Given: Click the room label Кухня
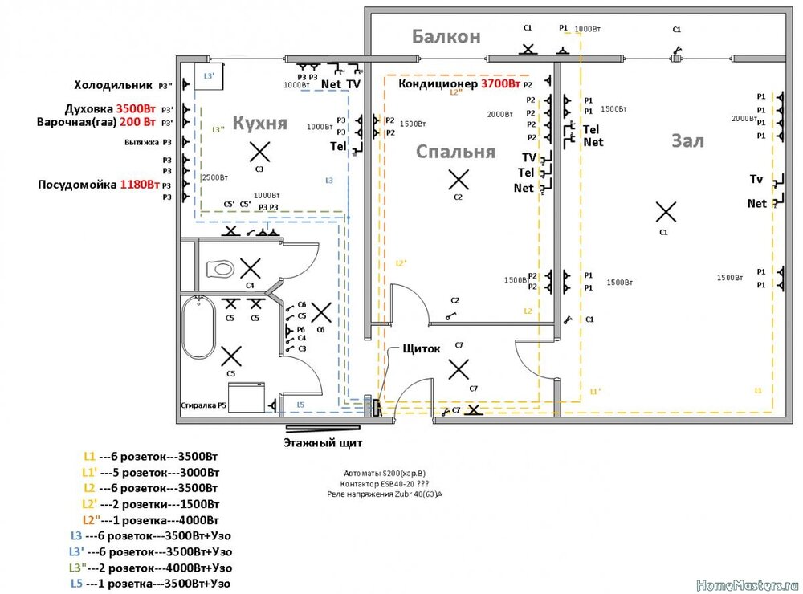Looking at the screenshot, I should click(x=259, y=123).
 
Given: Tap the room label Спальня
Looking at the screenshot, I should click(x=455, y=152).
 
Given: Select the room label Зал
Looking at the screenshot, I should click(x=687, y=141).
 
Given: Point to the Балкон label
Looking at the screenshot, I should click(x=446, y=36).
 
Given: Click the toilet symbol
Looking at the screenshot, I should click(x=219, y=267).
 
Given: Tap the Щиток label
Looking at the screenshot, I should click(x=414, y=348).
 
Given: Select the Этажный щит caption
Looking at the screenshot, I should click(x=323, y=441).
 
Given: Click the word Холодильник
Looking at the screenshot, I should click(x=113, y=84).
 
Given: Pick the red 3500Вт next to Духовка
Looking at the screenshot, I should click(x=136, y=108).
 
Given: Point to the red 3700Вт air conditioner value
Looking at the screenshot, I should click(x=500, y=83).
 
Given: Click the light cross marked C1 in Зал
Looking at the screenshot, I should click(x=665, y=212).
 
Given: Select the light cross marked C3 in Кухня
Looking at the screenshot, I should click(x=259, y=151).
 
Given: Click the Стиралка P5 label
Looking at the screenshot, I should click(x=204, y=405).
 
